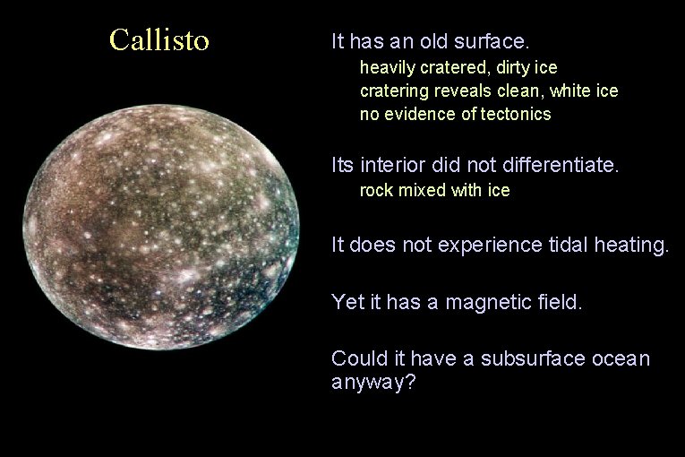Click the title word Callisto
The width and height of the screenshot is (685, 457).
[x=159, y=40]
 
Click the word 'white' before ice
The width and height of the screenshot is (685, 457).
[x=569, y=91]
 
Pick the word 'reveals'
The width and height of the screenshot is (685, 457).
[x=455, y=91]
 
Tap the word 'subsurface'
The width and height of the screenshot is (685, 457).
[x=533, y=358]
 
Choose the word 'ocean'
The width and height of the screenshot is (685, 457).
[x=621, y=358]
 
